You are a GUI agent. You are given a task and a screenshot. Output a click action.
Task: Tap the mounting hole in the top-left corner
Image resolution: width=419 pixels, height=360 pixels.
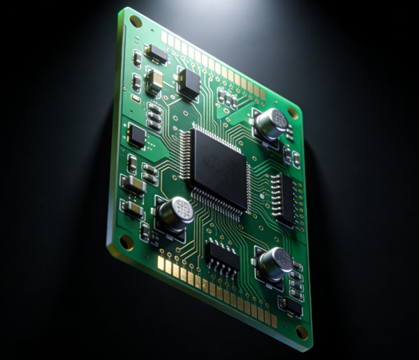135,22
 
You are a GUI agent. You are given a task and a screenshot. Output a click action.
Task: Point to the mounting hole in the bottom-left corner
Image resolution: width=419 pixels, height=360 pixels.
126,242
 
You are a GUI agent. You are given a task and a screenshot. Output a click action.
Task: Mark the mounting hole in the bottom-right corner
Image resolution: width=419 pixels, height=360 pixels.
302,332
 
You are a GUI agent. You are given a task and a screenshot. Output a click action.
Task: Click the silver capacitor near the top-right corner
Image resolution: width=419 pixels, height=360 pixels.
271,123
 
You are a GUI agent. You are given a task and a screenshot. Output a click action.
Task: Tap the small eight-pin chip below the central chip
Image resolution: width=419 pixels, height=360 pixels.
223,257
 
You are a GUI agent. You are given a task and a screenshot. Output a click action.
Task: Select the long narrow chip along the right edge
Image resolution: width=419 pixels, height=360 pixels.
285,200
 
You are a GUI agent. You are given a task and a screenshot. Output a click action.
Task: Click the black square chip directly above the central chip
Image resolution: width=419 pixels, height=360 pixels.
189,83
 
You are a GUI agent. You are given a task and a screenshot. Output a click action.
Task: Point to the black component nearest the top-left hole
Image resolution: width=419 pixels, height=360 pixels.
156,54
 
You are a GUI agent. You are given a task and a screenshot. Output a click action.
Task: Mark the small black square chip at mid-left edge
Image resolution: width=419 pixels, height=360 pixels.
137,135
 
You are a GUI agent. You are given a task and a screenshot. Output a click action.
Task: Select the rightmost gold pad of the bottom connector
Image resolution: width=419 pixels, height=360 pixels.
274,320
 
